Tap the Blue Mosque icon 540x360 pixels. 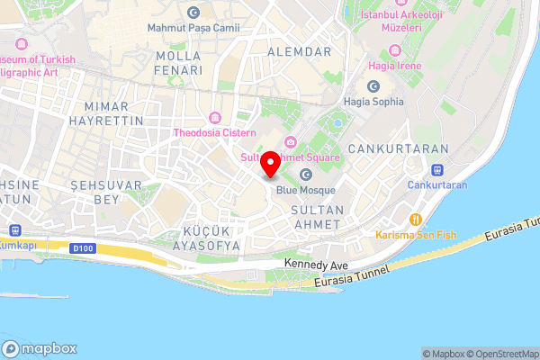(306, 175)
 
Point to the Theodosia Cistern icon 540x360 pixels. (215, 118)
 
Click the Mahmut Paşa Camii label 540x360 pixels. (194, 28)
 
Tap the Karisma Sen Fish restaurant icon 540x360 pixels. (416, 219)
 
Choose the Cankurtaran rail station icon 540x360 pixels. (438, 168)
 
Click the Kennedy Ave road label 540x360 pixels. (316, 264)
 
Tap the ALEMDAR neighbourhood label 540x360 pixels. (300, 51)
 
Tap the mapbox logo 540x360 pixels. (40, 348)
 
